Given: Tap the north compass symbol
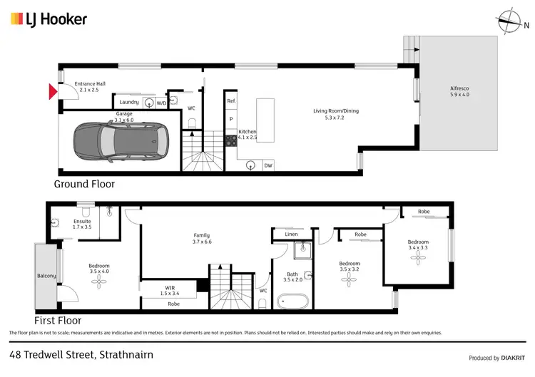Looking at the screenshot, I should click(x=512, y=21).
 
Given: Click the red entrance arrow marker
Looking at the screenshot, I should click(x=51, y=91).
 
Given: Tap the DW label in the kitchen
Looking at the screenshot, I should click(x=268, y=165).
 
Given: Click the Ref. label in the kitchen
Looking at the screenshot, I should click(x=231, y=101).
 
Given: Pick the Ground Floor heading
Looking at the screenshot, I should click(x=84, y=184).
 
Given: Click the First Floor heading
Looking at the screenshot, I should click(x=57, y=321).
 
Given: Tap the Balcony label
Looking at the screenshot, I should click(x=46, y=275).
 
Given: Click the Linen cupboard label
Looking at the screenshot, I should click(x=290, y=234).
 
